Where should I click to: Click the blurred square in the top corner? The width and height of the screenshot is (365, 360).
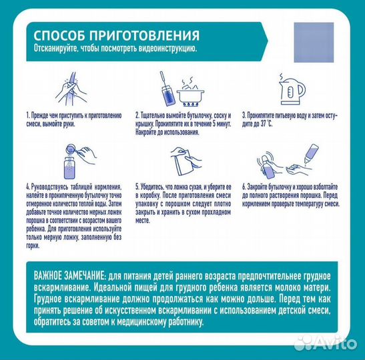[x=313, y=42]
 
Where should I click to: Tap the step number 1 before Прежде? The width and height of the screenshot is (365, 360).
[x=27, y=115]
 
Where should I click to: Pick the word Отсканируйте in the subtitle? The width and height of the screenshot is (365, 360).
[x=56, y=49]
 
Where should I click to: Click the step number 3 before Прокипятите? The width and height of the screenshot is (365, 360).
[x=244, y=115]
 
